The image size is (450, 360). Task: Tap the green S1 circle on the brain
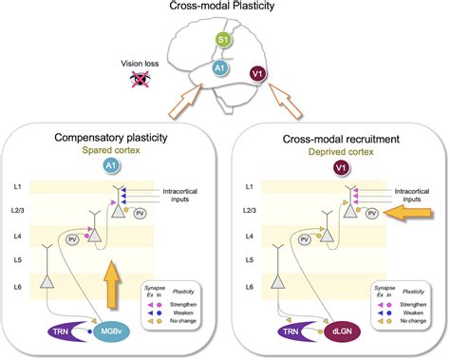pos(221,41)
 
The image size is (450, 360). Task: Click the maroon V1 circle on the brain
pos(257,73)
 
